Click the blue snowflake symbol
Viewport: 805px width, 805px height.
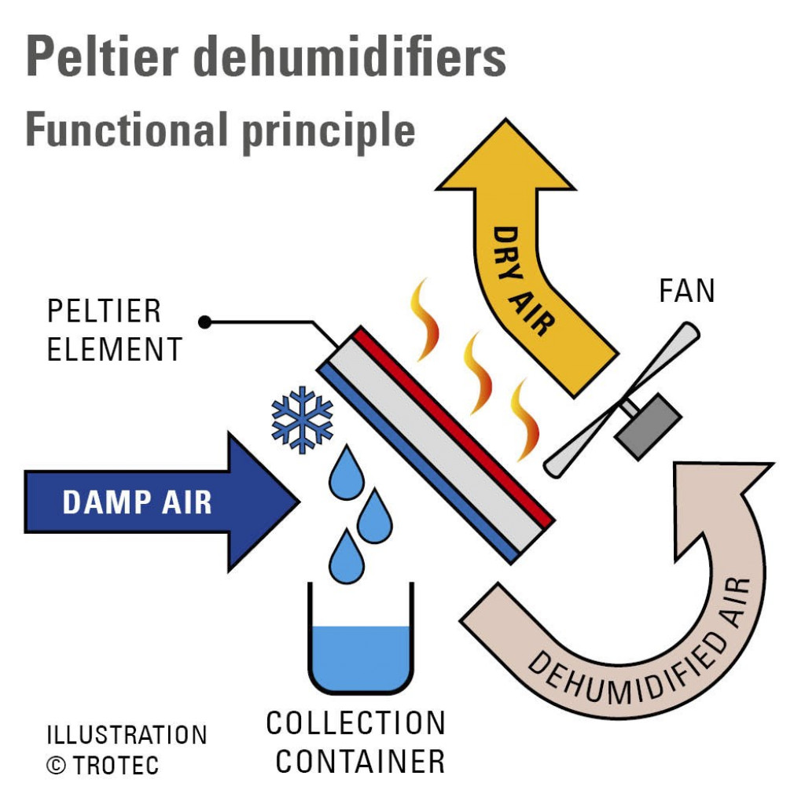pos(302,419)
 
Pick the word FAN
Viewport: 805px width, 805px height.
pos(686,292)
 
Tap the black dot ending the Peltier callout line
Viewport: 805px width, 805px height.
pos(205,322)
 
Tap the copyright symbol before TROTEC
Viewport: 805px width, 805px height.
pos(57,765)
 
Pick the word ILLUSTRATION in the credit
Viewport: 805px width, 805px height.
pos(127,735)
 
